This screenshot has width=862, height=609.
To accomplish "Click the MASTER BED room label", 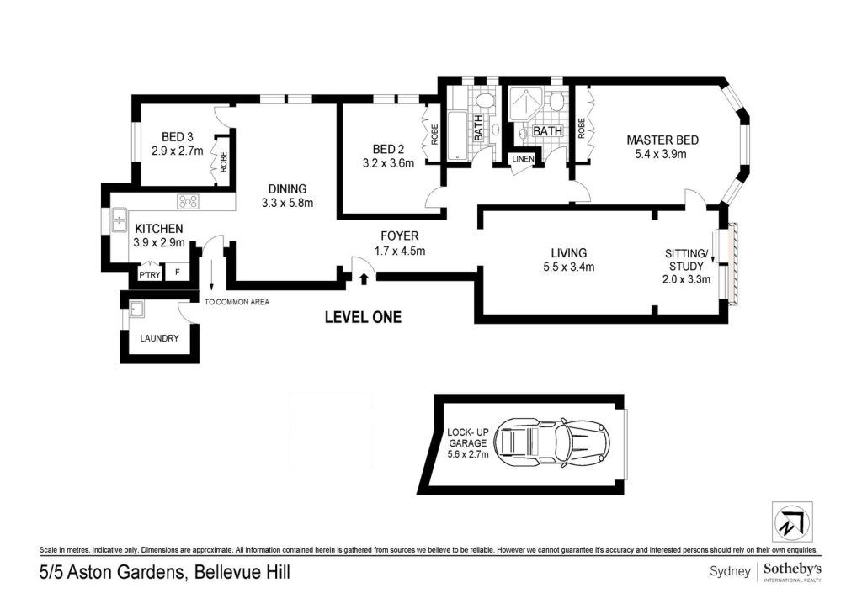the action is [662, 140].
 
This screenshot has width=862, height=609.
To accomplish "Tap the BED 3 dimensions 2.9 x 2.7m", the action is [177, 151].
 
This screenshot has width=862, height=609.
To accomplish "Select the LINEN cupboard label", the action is [523, 159].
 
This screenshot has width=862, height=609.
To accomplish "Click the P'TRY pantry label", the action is [149, 274].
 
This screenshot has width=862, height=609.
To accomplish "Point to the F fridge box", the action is [177, 272].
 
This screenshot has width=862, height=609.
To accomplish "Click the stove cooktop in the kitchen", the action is [188, 202].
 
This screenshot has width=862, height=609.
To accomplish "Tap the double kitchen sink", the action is [120, 220].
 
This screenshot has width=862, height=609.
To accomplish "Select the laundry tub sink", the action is [136, 310].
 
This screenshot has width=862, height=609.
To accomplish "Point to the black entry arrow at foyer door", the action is [363, 279].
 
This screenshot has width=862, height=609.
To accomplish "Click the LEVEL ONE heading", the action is [363, 317].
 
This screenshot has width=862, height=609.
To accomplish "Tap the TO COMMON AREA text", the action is [237, 301].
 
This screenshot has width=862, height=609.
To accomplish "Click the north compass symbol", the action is [792, 522].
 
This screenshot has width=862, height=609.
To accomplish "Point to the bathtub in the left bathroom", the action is [456, 136].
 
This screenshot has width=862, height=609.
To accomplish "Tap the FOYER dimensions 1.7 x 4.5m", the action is [400, 251].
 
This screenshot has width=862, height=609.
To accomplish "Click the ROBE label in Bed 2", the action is [435, 135].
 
